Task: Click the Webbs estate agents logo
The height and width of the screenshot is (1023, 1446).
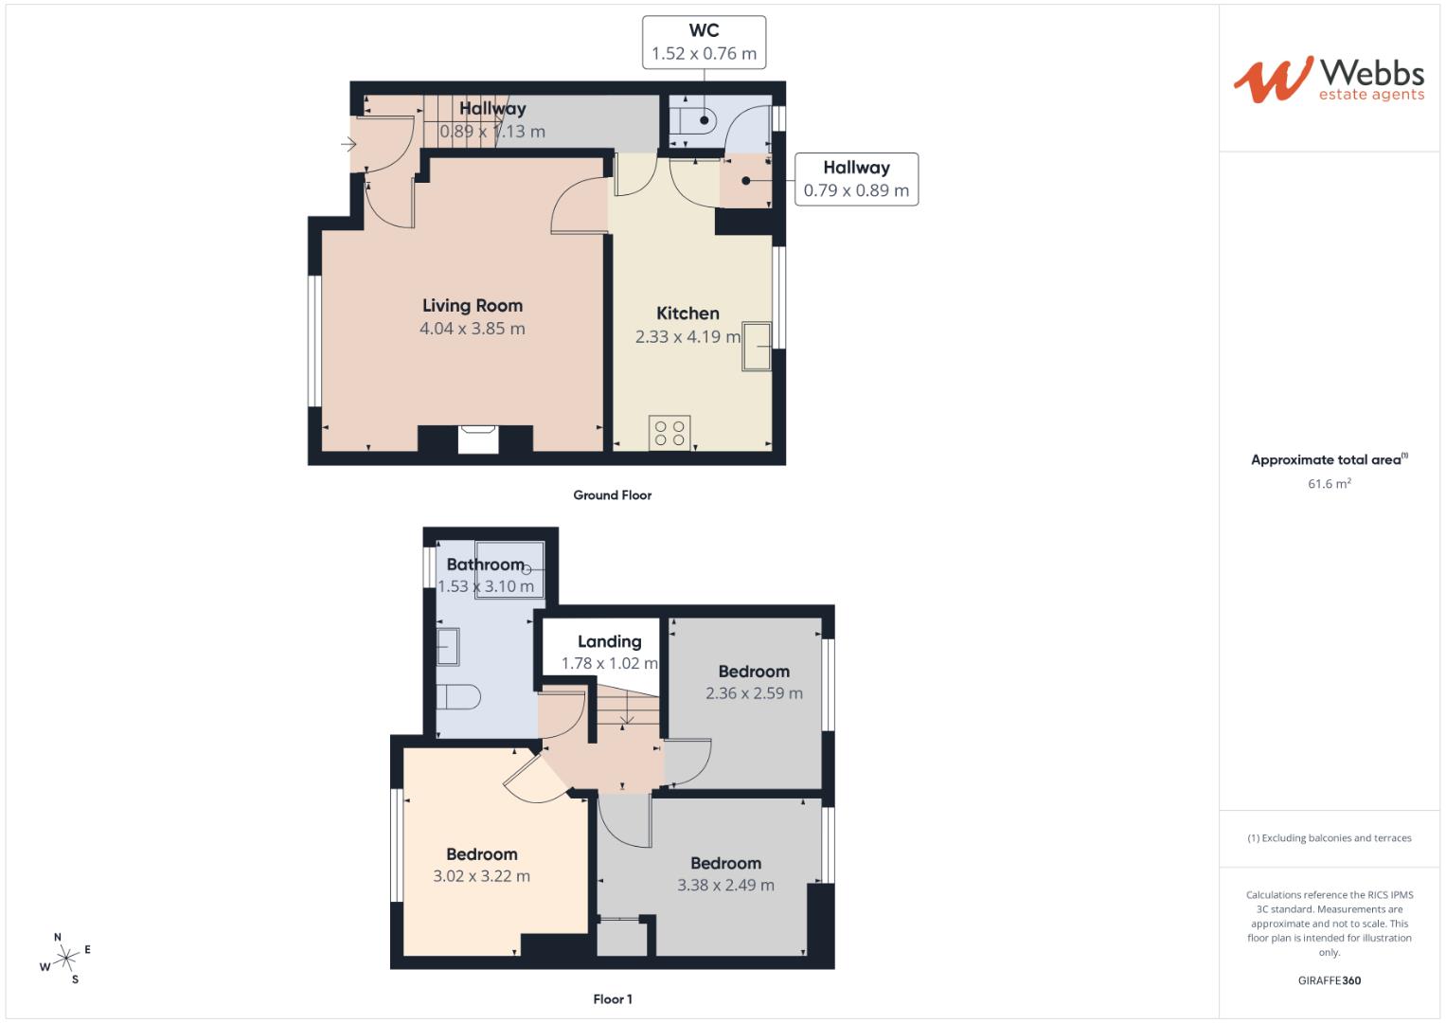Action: pyautogui.click(x=1328, y=80)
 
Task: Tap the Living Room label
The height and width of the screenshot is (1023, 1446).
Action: pyautogui.click(x=472, y=305)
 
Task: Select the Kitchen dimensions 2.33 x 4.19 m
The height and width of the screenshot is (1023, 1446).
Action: pyautogui.click(x=687, y=336)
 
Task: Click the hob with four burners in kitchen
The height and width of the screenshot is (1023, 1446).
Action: pyautogui.click(x=669, y=433)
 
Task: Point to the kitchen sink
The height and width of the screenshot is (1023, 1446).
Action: pyautogui.click(x=758, y=346)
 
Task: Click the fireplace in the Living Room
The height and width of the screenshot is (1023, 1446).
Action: pyautogui.click(x=477, y=440)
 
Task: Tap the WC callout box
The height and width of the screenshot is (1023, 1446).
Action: pyautogui.click(x=704, y=43)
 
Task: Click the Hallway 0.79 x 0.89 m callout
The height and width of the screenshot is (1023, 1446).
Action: pyautogui.click(x=855, y=179)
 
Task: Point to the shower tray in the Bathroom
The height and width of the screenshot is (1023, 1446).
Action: pyautogui.click(x=509, y=569)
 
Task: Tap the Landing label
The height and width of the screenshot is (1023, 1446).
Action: pyautogui.click(x=609, y=641)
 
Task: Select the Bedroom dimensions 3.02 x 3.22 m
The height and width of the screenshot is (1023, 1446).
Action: pyautogui.click(x=481, y=876)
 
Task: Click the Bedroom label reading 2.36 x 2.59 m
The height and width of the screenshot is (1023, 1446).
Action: pyautogui.click(x=753, y=672)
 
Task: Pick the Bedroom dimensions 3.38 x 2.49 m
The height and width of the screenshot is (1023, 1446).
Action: pyautogui.click(x=725, y=886)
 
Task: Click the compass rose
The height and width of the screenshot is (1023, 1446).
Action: pyautogui.click(x=65, y=959)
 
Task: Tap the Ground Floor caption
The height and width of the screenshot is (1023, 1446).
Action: pyautogui.click(x=612, y=495)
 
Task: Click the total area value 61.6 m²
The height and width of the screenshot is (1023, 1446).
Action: pyautogui.click(x=1329, y=484)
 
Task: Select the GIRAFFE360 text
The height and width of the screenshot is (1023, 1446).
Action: pyautogui.click(x=1329, y=980)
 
